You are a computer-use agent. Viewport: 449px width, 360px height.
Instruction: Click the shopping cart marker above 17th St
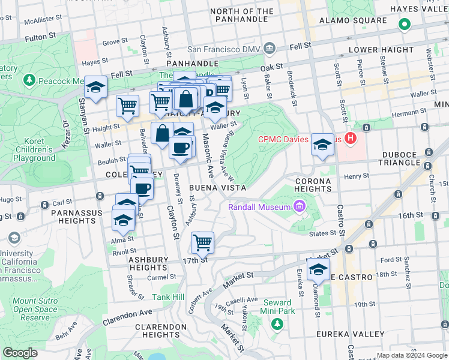pyautogui.click(x=203, y=243)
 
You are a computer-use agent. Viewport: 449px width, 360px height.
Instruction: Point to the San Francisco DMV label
pyautogui.click(x=224, y=49)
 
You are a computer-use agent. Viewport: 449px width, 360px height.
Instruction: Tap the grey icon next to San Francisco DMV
pyautogui.click(x=270, y=48)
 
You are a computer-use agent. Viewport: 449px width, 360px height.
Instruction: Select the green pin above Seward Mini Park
pyautogui.click(x=277, y=323)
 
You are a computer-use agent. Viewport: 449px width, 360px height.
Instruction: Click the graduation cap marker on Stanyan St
pyautogui.click(x=95, y=88)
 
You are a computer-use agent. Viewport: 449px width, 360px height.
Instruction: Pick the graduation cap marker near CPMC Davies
pyautogui.click(x=322, y=145)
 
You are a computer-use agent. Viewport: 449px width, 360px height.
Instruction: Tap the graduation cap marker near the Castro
pyautogui.click(x=318, y=270)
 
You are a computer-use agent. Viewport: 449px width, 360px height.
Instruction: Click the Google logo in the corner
pyautogui.click(x=20, y=353)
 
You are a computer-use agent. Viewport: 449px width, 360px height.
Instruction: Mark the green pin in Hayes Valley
pyautogui.click(x=405, y=25)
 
